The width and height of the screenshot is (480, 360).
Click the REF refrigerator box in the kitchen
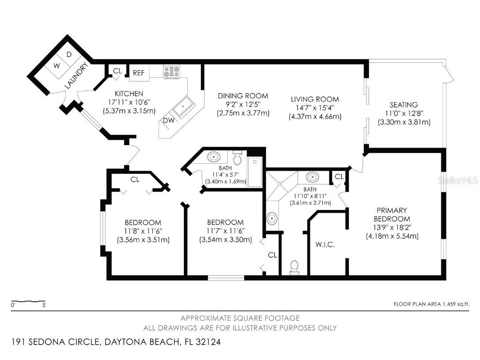(139, 73)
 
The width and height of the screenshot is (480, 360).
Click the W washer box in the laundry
(57, 65)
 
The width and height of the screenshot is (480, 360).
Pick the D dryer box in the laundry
(69, 54)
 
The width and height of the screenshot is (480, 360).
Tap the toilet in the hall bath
(237, 157)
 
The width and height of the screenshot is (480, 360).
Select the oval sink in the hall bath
(214, 157)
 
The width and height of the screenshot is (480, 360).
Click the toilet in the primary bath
(294, 267)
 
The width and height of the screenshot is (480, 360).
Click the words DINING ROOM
(243, 96)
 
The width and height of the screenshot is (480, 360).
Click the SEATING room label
(404, 105)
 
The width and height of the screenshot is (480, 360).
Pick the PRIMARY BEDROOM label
(392, 214)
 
